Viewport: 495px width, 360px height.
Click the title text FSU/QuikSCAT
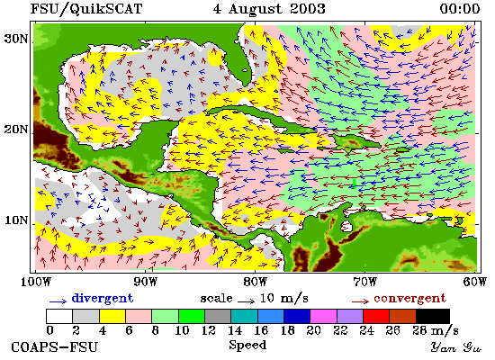click(85, 8)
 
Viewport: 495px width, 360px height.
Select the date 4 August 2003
click(269, 8)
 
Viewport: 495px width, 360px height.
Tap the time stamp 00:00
click(459, 8)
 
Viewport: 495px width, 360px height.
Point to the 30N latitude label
click(16, 39)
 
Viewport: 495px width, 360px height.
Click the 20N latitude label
click(16, 130)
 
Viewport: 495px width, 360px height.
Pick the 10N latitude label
click(16, 220)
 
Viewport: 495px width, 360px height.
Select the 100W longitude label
click(35, 282)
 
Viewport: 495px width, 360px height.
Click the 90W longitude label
click(146, 282)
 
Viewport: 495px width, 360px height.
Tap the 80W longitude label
click(256, 282)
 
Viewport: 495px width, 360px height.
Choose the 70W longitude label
click(364, 282)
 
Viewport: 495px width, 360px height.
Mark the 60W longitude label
click(475, 282)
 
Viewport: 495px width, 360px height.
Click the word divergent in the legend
click(103, 298)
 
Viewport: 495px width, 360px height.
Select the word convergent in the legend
click(409, 299)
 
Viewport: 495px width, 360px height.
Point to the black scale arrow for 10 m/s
click(247, 301)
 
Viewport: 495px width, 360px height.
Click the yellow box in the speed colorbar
click(112, 317)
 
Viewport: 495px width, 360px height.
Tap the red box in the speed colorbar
click(376, 317)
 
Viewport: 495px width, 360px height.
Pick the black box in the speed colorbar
click(433, 317)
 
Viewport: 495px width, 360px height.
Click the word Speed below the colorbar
click(247, 345)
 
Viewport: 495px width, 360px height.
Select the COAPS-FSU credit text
click(54, 347)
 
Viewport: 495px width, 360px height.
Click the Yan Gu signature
click(456, 347)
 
